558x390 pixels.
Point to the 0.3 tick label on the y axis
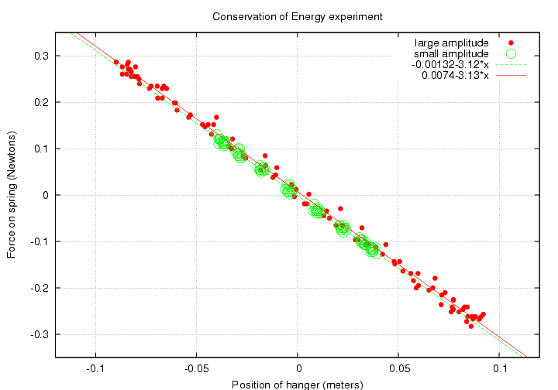coord(41,56)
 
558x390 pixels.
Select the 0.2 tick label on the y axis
coord(41,102)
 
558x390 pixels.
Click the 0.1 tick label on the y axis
coord(41,149)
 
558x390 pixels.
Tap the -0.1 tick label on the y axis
coord(40,241)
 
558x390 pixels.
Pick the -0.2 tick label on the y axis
coord(40,288)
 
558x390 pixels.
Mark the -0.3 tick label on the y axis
coord(40,334)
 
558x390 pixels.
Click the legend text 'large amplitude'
coord(451,42)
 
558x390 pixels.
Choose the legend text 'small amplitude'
coord(451,53)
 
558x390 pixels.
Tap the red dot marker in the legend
coord(511,42)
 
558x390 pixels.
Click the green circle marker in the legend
coord(511,53)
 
